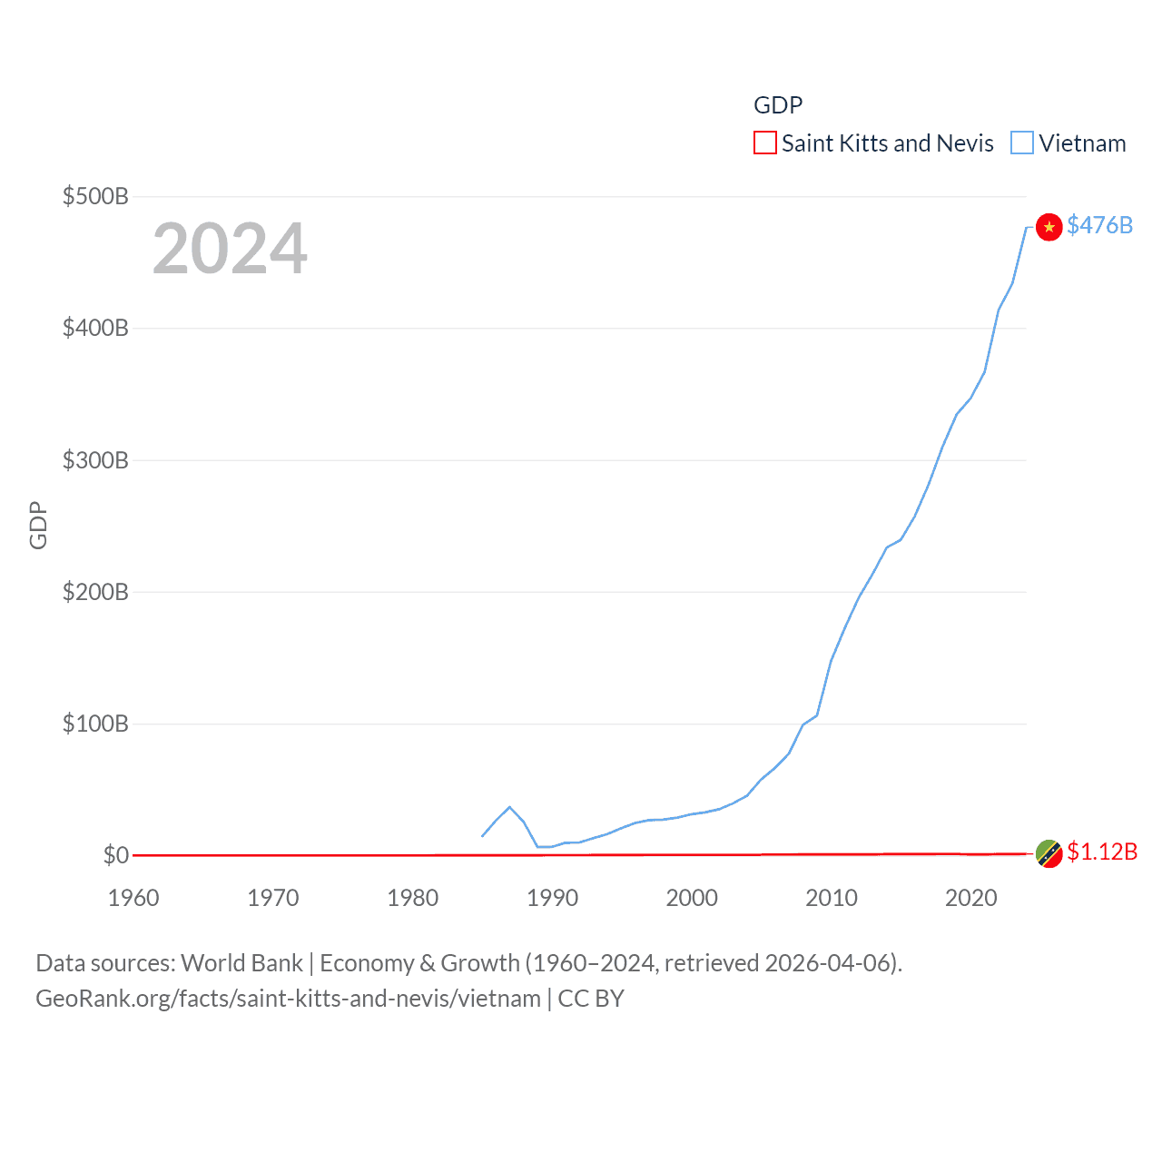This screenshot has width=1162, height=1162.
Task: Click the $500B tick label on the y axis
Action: (95, 196)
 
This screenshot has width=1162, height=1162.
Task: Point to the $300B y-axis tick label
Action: (95, 460)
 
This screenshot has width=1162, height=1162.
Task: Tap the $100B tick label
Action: (95, 724)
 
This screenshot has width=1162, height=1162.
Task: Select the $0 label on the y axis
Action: (115, 855)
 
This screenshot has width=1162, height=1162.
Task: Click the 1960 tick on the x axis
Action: (133, 898)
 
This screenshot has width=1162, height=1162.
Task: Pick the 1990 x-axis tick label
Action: (552, 898)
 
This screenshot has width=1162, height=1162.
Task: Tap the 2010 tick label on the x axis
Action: (832, 898)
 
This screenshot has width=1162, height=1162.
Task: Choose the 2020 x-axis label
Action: (971, 898)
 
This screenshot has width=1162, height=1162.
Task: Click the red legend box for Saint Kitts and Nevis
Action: (765, 143)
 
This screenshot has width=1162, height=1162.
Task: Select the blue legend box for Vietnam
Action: (1022, 143)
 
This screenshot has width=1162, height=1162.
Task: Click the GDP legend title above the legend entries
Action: (778, 105)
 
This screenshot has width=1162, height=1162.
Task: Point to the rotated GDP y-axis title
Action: (38, 525)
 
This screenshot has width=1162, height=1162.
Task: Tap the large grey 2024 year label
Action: (230, 249)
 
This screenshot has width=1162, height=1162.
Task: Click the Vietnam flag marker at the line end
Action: (1049, 227)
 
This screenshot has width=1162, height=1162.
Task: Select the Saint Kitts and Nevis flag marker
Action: (1049, 853)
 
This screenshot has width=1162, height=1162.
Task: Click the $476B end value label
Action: (1099, 225)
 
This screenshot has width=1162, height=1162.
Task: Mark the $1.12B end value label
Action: (1102, 852)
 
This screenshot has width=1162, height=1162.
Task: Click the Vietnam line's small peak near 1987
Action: (509, 806)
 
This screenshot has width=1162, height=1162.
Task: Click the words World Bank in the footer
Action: (241, 963)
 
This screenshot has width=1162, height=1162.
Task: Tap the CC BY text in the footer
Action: (591, 999)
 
